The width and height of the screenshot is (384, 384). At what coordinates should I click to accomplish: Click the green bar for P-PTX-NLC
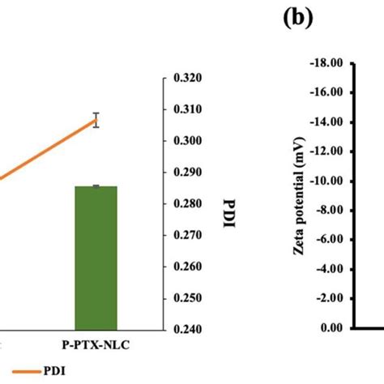96,258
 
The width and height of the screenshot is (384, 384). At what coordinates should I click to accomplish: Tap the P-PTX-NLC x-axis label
96,344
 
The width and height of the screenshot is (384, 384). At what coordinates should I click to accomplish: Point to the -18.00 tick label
323,62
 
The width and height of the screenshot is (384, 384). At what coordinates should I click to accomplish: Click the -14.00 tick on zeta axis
323,122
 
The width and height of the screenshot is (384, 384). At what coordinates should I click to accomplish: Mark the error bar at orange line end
96,120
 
